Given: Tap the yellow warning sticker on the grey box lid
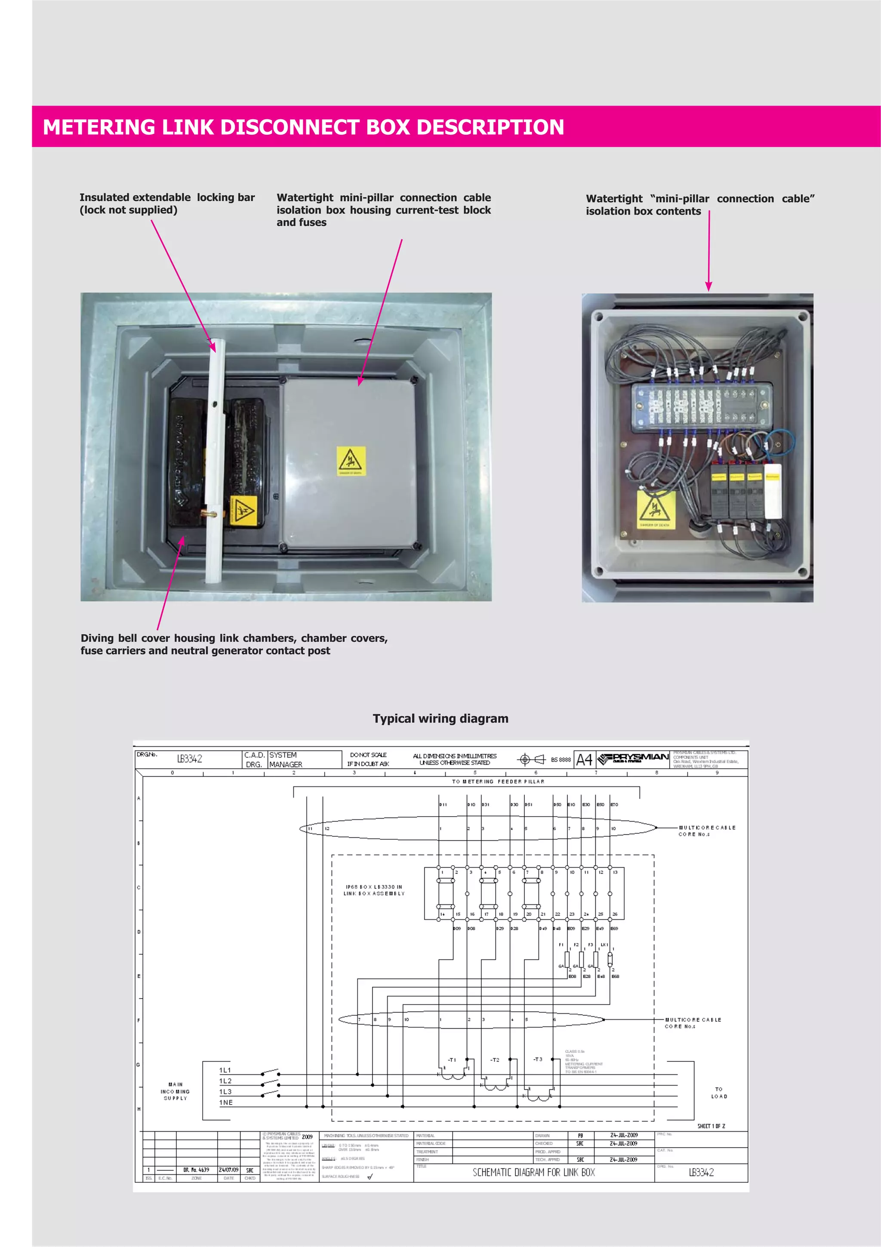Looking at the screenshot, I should (x=351, y=461).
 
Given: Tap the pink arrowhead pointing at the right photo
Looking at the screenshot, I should (x=708, y=286).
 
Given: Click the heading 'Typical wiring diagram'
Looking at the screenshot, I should (x=440, y=718).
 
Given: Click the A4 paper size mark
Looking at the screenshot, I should (x=584, y=759).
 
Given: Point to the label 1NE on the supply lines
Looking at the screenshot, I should (x=226, y=1102).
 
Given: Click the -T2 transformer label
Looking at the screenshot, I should (x=495, y=1060).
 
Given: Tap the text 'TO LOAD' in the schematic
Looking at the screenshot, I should (x=719, y=1093).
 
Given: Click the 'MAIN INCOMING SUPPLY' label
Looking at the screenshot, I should (x=176, y=1091).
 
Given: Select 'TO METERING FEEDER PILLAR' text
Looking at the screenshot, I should (x=498, y=782).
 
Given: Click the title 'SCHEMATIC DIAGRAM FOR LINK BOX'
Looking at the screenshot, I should (x=533, y=1172).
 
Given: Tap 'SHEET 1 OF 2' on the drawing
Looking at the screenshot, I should (x=711, y=1126).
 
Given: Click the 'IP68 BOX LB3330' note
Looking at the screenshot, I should (x=374, y=890).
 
